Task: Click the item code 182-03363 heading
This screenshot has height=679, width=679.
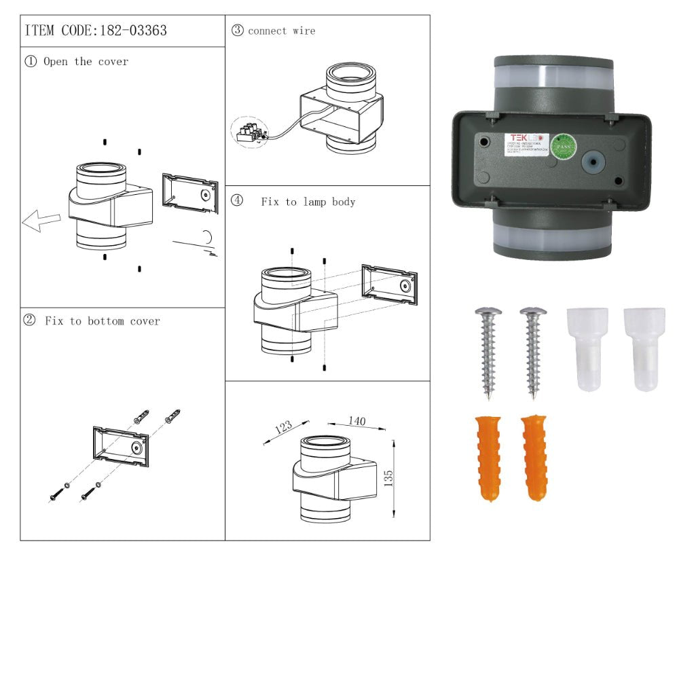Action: (x=96, y=31)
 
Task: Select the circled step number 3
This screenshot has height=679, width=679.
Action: (x=237, y=31)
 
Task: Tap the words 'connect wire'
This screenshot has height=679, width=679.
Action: (x=281, y=31)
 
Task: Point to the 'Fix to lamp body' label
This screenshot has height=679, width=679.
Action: (x=308, y=202)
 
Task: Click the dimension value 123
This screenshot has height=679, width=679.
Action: (x=283, y=427)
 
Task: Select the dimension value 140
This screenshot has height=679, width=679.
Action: (x=356, y=422)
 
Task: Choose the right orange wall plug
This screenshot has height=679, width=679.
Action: (x=535, y=458)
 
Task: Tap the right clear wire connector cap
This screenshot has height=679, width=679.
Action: (x=644, y=348)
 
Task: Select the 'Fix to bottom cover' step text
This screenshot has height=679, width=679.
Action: (x=103, y=321)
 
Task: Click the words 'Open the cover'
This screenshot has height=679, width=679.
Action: (x=86, y=62)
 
